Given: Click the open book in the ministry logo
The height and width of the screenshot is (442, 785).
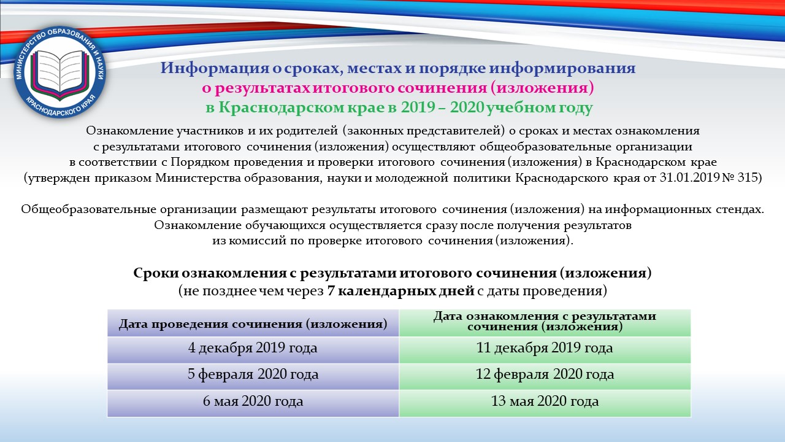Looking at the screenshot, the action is click(59, 72).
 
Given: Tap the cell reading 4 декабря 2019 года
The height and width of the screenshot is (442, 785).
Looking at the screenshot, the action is click(253, 350).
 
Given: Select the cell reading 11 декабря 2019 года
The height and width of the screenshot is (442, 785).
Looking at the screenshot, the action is click(545, 350).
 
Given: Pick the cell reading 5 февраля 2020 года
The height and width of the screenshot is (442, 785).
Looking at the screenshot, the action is click(253, 376).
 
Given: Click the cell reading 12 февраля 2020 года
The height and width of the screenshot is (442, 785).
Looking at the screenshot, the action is click(545, 376).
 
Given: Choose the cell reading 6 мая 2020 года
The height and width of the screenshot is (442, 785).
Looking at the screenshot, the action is click(253, 403).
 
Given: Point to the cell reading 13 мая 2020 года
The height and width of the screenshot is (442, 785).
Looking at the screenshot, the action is click(545, 403).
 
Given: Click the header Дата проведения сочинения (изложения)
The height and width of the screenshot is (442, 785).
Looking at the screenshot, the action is click(253, 323).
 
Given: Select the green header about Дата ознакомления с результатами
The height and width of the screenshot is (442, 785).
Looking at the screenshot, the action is click(545, 323).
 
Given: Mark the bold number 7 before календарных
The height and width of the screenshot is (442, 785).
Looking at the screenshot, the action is click(331, 291).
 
